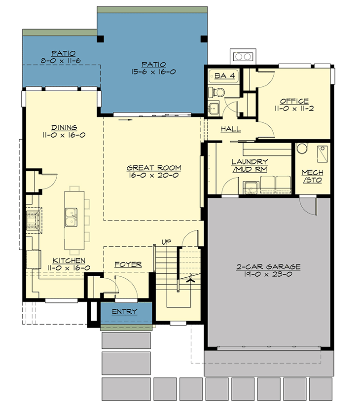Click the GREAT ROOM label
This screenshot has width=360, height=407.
tap(153, 167)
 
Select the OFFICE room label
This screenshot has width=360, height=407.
tap(294, 101)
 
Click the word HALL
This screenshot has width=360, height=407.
tap(230, 129)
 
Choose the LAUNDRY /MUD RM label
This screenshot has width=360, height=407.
tap(250, 165)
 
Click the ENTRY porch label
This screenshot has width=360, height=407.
tap(124, 312)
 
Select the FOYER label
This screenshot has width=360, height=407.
tap(128, 264)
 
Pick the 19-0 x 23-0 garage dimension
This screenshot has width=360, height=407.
tap(268, 274)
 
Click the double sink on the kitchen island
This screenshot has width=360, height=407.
tap(71, 217)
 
